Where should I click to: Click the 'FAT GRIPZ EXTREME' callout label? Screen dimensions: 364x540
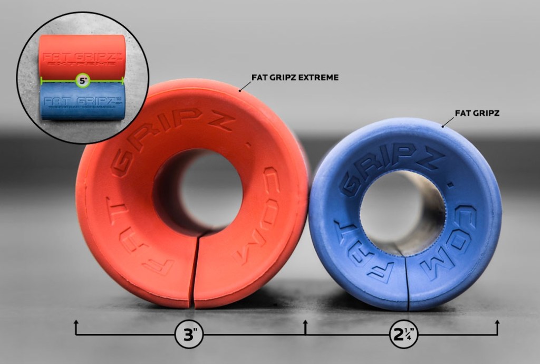pos(295,78)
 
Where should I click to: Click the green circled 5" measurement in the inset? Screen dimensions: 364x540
pos(82,81)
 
